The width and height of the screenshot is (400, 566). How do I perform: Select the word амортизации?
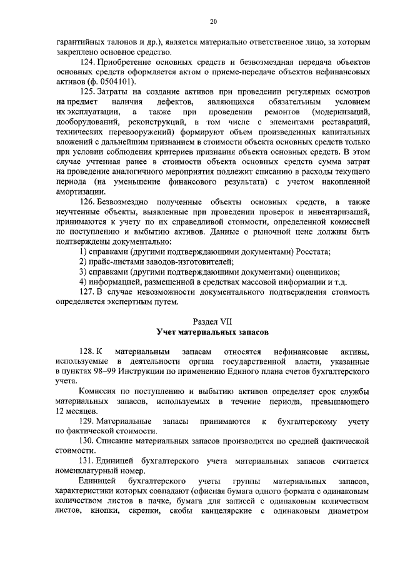(78, 191)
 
